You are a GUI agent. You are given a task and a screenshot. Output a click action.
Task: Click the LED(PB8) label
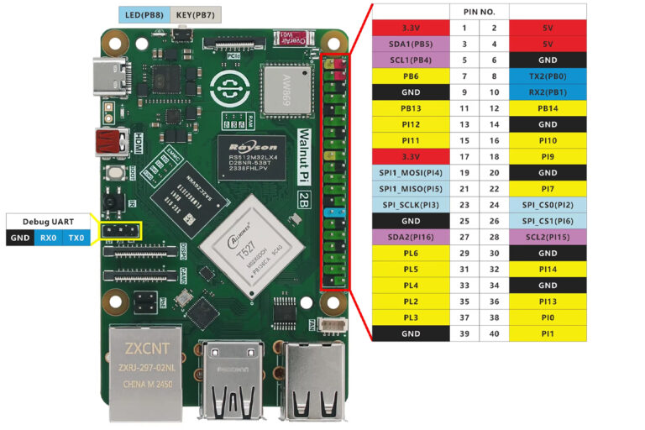(x=144, y=15)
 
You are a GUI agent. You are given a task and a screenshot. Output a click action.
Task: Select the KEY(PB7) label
(x=195, y=15)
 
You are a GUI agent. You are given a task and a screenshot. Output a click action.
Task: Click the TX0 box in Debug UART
(x=76, y=238)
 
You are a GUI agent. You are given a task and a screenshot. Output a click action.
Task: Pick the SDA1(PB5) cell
(x=411, y=44)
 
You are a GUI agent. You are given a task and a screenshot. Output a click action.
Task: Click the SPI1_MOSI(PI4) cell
(x=411, y=172)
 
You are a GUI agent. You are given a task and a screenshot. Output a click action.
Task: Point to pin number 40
(x=494, y=333)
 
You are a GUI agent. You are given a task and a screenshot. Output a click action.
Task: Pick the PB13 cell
(x=411, y=108)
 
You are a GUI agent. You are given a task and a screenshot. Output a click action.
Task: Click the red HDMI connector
(x=110, y=142)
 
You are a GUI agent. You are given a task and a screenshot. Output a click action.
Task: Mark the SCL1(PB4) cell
(x=411, y=60)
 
